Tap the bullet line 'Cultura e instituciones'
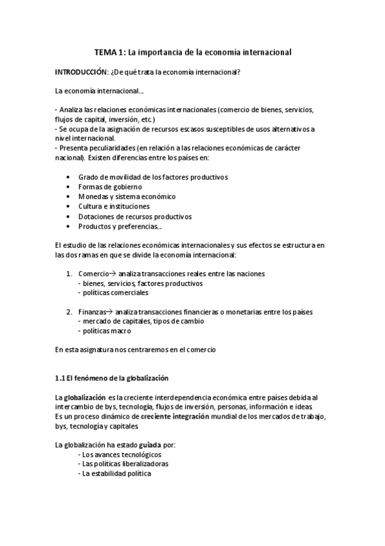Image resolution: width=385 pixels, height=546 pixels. [114, 207]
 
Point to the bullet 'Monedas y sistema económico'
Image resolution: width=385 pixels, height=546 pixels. [127, 196]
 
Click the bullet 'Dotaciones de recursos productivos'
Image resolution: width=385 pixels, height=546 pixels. [135, 217]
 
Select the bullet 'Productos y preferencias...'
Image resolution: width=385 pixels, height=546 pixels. [120, 227]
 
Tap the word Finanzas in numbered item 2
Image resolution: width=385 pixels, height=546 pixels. [93, 312]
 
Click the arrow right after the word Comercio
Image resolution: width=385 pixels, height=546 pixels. [112, 274]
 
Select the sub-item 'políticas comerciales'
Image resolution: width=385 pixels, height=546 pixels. [112, 292]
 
